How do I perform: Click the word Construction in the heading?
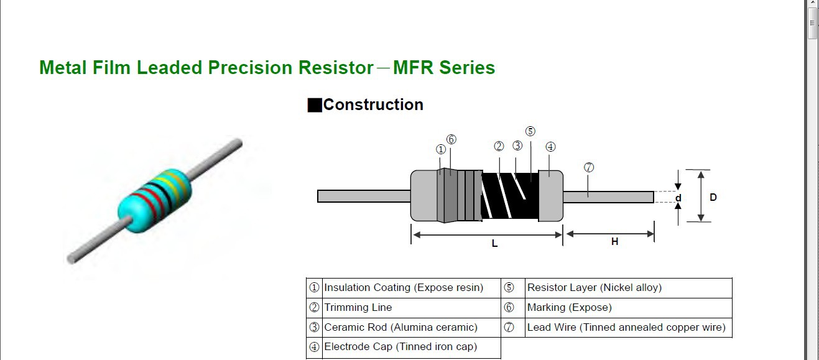click(373, 104)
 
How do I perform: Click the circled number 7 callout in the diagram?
click(589, 167)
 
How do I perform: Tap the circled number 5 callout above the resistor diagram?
click(530, 131)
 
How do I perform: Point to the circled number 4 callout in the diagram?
click(550, 147)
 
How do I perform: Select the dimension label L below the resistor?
click(495, 244)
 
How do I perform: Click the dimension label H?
click(614, 241)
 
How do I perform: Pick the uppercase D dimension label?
click(713, 197)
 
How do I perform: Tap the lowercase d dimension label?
click(678, 198)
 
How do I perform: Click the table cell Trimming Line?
click(358, 308)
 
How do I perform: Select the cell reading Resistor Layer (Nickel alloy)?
click(594, 288)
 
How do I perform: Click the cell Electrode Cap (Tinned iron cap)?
click(400, 347)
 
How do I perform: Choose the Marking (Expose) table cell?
click(569, 308)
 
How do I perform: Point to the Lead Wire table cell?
click(626, 328)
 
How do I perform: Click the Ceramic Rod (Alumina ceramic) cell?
click(400, 328)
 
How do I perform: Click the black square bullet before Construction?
click(315, 105)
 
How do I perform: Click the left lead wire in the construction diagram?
click(363, 196)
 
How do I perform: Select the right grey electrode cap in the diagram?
click(550, 196)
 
